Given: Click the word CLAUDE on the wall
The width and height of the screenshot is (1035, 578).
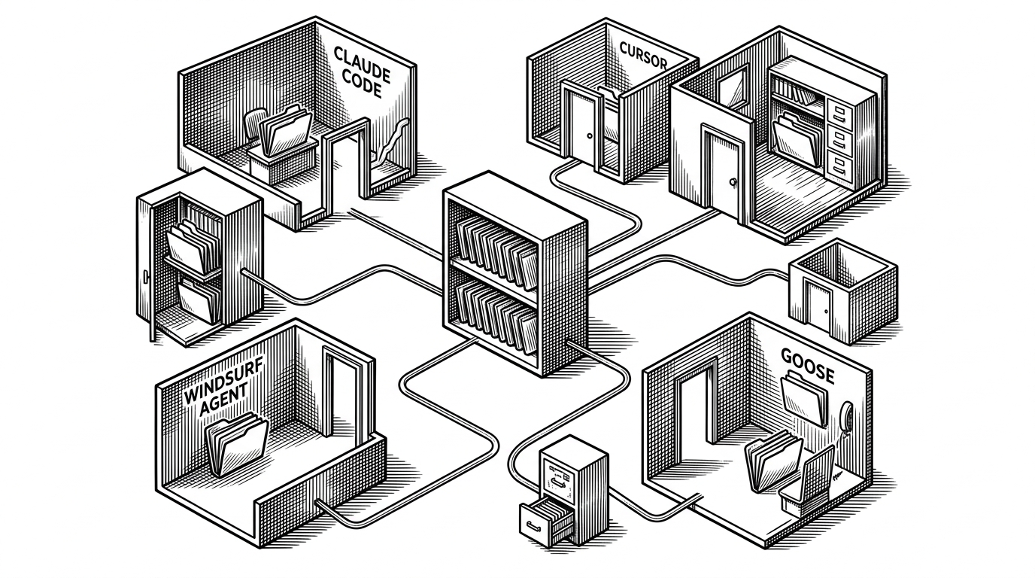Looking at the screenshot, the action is (362, 65).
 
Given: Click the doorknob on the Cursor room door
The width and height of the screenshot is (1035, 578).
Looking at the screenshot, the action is (590, 136).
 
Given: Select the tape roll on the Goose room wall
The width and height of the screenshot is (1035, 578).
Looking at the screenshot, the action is (846, 415).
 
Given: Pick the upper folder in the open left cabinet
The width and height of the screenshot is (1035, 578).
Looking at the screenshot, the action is (190, 246).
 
